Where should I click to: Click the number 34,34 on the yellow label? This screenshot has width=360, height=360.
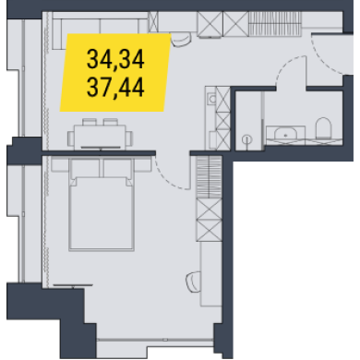[115, 59]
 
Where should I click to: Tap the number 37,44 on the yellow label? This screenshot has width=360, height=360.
[115, 88]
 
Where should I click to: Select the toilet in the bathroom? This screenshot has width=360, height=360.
[323, 128]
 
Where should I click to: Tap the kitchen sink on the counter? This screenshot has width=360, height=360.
[212, 99]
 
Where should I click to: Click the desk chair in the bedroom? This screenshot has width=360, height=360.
[193, 282]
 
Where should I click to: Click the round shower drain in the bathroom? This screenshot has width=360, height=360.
[246, 140]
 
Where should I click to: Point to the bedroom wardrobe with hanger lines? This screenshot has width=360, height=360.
[209, 177]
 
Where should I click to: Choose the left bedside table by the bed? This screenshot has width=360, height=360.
[60, 164]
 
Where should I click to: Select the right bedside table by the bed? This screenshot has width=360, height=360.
[142, 164]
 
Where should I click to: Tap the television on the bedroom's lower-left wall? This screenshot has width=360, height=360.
[73, 286]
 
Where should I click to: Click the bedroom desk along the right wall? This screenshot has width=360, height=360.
[211, 273]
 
